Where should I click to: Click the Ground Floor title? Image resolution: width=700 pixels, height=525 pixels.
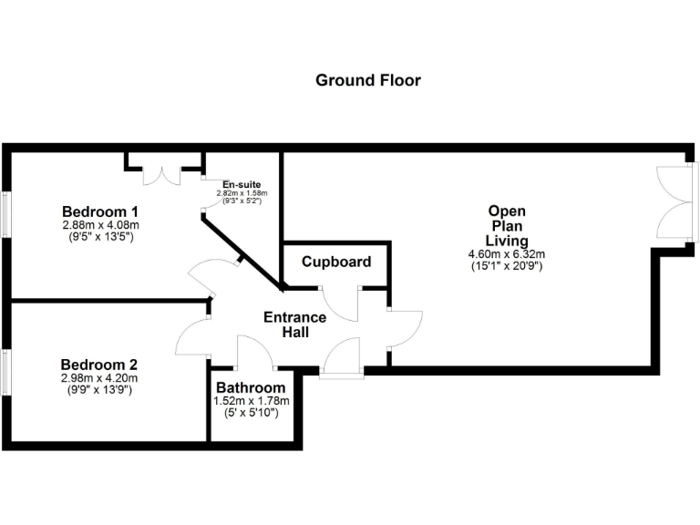click(x=368, y=80)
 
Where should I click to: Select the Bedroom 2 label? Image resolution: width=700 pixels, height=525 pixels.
click(x=99, y=364)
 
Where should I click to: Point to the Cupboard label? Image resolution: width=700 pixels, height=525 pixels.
click(x=336, y=262)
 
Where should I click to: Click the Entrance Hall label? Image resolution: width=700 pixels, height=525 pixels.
click(x=294, y=324)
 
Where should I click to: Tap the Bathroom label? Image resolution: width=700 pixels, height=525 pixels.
click(x=252, y=387)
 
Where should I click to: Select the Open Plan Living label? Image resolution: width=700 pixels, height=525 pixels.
click(x=507, y=226)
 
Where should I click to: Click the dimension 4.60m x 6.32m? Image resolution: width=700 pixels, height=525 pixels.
click(x=507, y=254)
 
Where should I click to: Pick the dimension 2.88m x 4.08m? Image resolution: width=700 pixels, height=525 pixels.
click(x=99, y=224)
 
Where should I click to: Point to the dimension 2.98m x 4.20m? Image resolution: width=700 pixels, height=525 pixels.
click(x=99, y=377)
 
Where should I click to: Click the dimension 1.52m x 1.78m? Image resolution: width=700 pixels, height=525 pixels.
click(x=252, y=401)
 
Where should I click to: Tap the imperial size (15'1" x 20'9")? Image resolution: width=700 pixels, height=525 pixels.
click(x=507, y=266)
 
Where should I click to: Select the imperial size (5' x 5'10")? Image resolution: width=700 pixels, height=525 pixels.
click(x=252, y=413)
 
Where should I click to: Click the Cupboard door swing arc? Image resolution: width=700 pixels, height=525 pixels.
click(x=340, y=308)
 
